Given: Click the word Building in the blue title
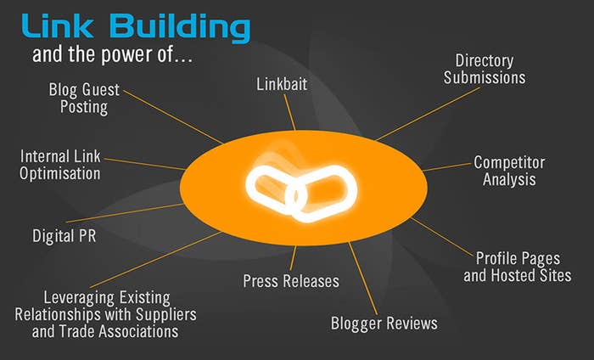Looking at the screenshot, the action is (180, 28).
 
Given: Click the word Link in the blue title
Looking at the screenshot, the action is (58, 25).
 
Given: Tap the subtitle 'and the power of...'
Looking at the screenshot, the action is (112, 54).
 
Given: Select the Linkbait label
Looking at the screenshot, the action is (282, 84).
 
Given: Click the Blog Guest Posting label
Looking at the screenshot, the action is (84, 98).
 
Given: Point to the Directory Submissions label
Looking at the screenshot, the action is (485, 69).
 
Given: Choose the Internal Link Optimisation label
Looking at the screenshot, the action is (60, 165).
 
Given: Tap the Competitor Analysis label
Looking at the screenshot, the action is (509, 171).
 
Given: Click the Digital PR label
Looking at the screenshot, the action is (64, 236).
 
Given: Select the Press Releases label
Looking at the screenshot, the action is (291, 281).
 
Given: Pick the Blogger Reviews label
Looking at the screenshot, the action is (384, 323).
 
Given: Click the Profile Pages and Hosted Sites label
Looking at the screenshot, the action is (518, 267).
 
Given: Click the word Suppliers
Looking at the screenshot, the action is (166, 314).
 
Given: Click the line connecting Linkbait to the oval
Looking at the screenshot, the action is (290, 112).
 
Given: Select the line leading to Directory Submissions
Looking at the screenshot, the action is (428, 114).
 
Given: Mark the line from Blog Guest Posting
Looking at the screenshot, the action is (173, 117).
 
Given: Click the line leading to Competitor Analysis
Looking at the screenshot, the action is (446, 167).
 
